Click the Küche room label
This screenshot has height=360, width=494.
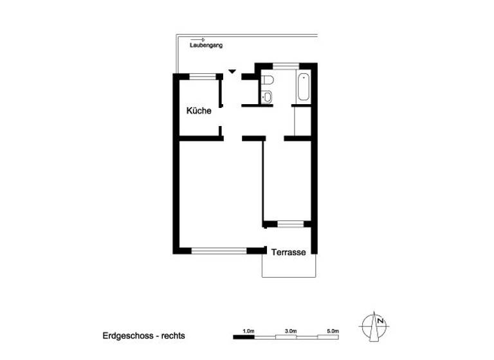click(199, 111)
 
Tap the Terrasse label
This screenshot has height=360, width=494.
click(288, 253)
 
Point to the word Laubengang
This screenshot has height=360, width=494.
click(205, 46)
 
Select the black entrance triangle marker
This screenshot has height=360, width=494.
click(232, 71)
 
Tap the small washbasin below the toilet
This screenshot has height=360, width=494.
click(268, 97)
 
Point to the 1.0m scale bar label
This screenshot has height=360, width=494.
click(248, 330)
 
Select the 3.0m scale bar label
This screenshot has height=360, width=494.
click(290, 330)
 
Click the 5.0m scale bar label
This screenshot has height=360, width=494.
click(333, 330)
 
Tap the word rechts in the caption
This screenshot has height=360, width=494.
click(174, 336)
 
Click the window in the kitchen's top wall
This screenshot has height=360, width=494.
click(200, 76)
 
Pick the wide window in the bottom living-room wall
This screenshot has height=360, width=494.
click(219, 250)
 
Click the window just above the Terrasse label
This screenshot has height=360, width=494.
click(289, 224)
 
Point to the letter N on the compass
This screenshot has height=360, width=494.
click(381, 321)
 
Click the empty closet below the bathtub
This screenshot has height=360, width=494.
click(302, 120)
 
